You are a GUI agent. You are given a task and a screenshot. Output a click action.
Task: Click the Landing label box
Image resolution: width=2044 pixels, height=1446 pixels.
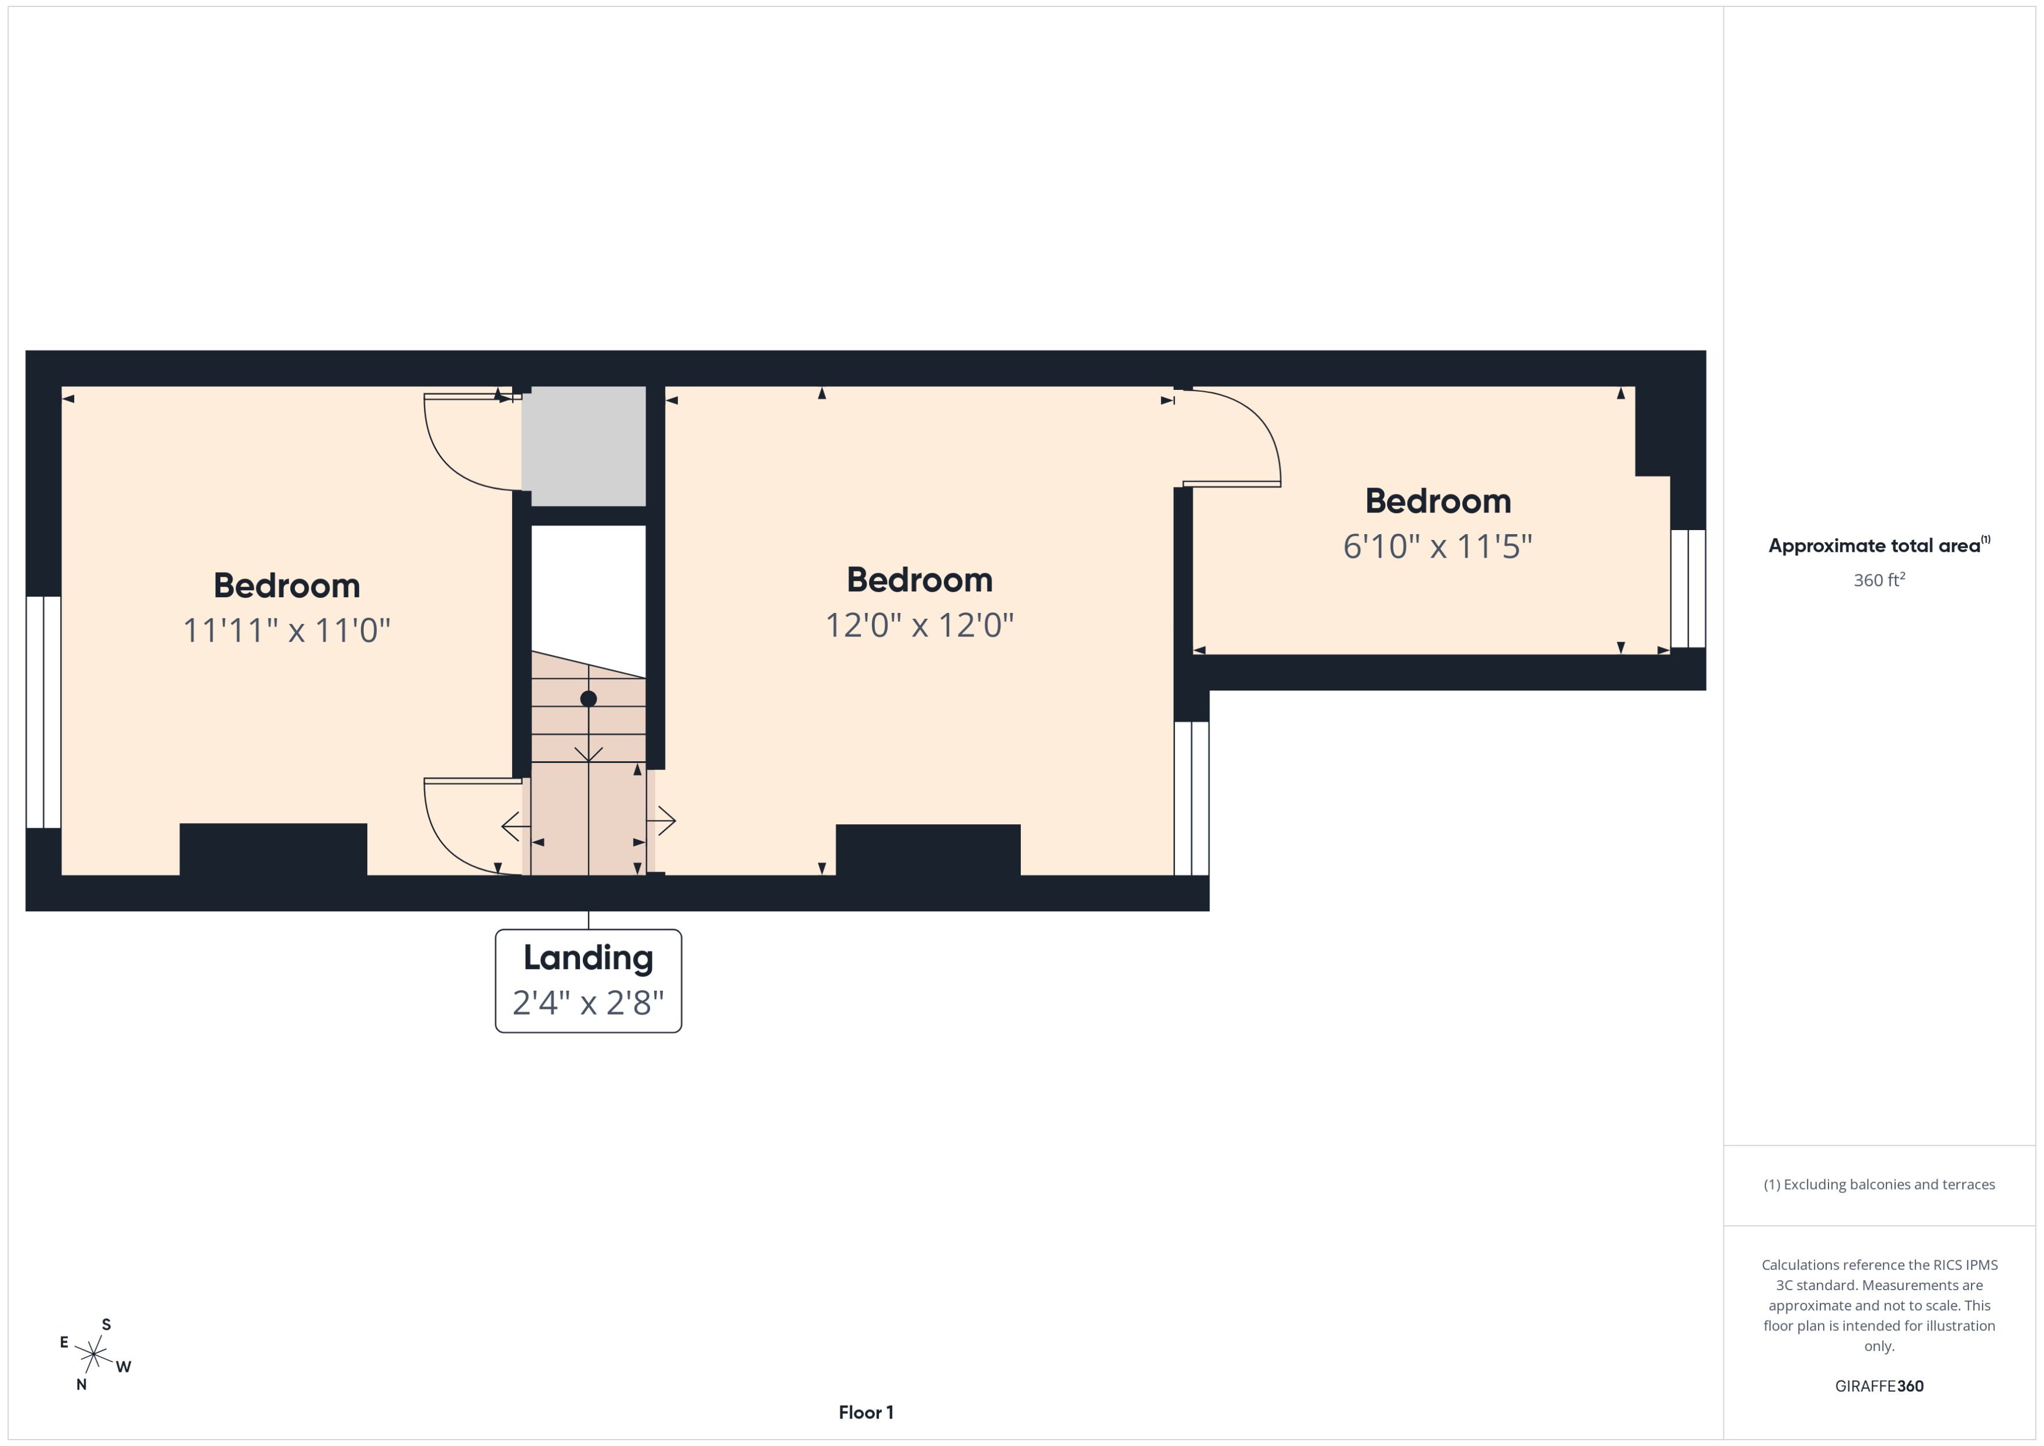click(x=588, y=980)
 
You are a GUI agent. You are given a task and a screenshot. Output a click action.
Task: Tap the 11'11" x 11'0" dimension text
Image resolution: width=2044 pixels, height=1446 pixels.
click(x=286, y=630)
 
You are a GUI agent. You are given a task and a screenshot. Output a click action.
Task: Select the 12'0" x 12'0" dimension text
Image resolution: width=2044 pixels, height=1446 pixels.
click(x=919, y=625)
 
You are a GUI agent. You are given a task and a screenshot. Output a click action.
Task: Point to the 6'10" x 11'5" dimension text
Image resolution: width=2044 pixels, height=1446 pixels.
click(x=1437, y=546)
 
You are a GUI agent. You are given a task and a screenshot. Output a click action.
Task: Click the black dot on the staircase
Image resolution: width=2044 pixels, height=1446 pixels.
click(x=588, y=699)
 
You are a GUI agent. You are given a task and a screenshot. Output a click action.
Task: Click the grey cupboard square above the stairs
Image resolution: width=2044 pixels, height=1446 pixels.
click(x=583, y=445)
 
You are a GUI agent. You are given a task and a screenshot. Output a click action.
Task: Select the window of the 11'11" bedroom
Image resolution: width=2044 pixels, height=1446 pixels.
click(x=43, y=712)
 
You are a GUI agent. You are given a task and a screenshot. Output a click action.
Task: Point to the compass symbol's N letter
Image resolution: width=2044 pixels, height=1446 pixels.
click(x=81, y=1385)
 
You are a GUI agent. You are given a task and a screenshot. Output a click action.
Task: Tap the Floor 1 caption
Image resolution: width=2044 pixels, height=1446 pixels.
click(x=865, y=1412)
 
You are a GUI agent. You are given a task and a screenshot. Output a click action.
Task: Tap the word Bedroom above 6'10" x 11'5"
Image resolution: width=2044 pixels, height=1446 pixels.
click(x=1437, y=501)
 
